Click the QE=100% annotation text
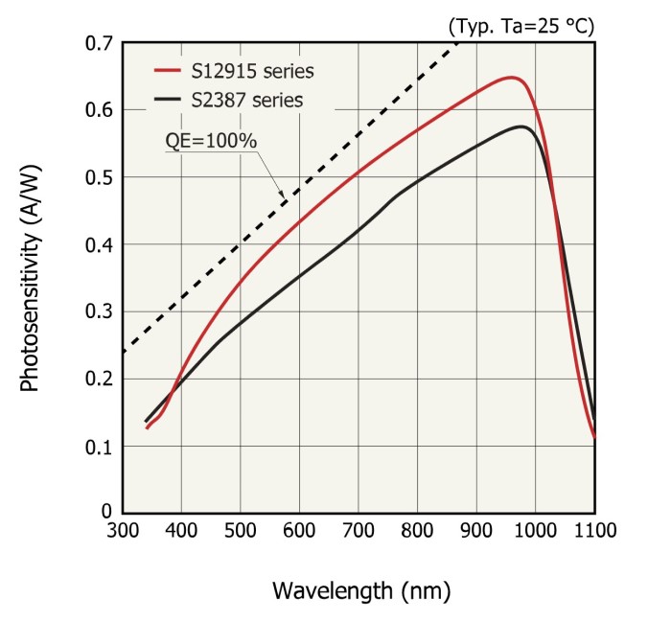click(211, 140)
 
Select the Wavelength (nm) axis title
click(360, 589)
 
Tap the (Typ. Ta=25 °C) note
click(521, 26)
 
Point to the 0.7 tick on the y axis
click(100, 44)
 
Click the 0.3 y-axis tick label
click(100, 311)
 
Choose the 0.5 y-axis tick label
click(100, 178)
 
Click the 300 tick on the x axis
click(123, 530)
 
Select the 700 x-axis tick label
click(358, 530)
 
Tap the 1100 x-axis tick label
click(593, 530)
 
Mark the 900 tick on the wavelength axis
click(476, 530)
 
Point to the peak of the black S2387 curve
click(521, 127)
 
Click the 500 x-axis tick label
click(241, 530)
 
